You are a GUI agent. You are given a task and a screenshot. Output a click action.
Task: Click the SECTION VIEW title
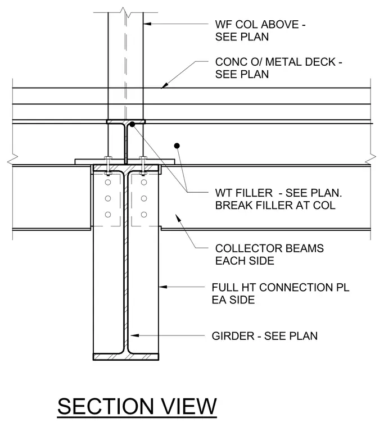click(x=137, y=406)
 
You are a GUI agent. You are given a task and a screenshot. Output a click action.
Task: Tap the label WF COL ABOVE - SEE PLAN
click(x=260, y=30)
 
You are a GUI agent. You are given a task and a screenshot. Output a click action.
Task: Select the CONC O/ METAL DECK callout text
click(x=278, y=68)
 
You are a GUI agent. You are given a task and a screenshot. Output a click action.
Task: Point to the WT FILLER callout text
click(x=278, y=199)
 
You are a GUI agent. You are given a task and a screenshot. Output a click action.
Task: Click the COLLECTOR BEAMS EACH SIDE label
click(x=269, y=255)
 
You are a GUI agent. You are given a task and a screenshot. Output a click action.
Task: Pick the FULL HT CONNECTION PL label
click(x=281, y=293)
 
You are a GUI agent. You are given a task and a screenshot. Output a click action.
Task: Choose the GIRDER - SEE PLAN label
click(x=265, y=336)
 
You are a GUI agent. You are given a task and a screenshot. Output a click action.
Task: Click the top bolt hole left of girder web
click(x=108, y=182)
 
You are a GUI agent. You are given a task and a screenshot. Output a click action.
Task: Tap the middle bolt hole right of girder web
click(x=144, y=198)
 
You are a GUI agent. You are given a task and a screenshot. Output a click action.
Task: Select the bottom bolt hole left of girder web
click(x=108, y=215)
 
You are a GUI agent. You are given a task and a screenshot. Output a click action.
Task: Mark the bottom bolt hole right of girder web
click(x=144, y=215)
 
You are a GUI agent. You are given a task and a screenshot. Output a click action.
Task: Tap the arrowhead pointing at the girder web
click(x=134, y=335)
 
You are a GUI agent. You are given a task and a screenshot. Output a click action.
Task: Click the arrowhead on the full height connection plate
click(x=163, y=287)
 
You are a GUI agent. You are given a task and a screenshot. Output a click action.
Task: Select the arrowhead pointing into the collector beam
click(x=178, y=218)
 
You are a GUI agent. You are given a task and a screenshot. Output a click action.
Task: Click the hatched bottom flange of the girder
click(x=126, y=357)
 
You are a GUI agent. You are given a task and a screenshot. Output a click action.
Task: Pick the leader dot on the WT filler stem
click(x=132, y=125)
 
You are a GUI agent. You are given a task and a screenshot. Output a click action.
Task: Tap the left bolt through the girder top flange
click(x=108, y=165)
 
